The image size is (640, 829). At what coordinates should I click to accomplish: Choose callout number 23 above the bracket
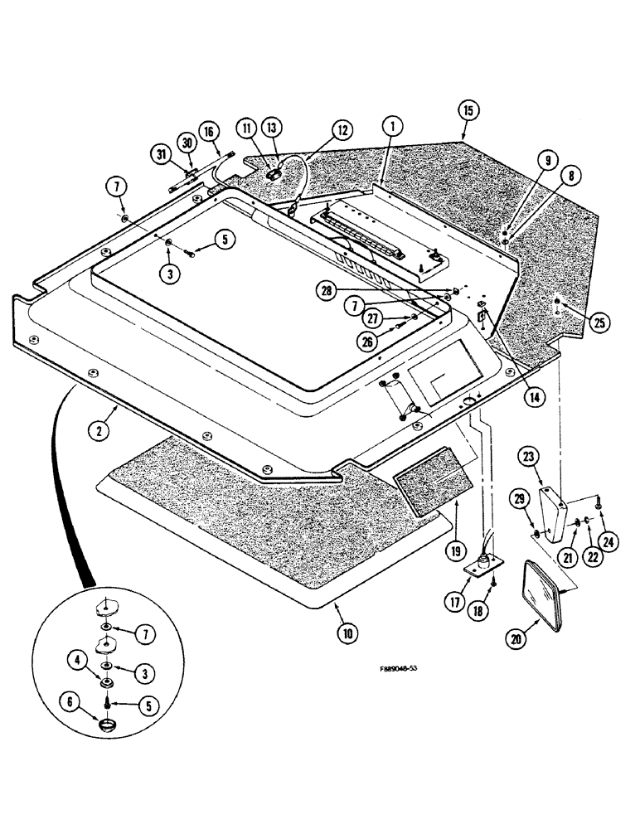tap(527, 456)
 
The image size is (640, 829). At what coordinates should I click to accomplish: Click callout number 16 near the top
tap(208, 131)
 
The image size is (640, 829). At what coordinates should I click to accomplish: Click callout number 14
tap(534, 397)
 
